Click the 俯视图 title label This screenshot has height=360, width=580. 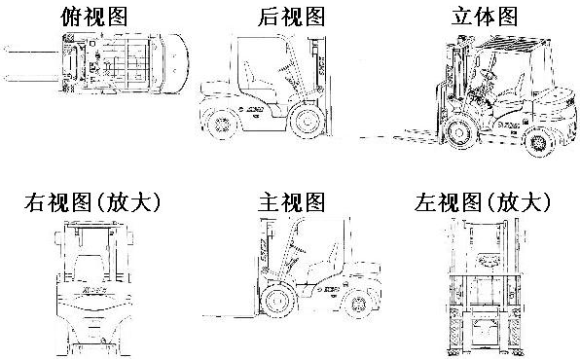[x=94, y=17]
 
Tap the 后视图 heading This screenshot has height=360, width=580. [x=292, y=17]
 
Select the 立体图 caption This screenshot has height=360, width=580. [x=485, y=17]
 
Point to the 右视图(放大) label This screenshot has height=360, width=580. [x=92, y=202]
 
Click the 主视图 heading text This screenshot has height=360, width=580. [x=292, y=202]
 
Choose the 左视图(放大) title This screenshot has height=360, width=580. [x=483, y=202]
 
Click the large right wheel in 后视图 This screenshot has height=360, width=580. [x=307, y=121]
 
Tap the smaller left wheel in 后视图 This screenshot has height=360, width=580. [x=221, y=125]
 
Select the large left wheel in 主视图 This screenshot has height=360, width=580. [x=277, y=301]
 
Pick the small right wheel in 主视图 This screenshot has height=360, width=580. [x=358, y=304]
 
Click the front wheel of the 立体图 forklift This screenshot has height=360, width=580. [x=459, y=132]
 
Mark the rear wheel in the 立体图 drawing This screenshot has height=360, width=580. [x=538, y=142]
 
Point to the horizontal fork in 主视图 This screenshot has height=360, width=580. [x=230, y=316]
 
